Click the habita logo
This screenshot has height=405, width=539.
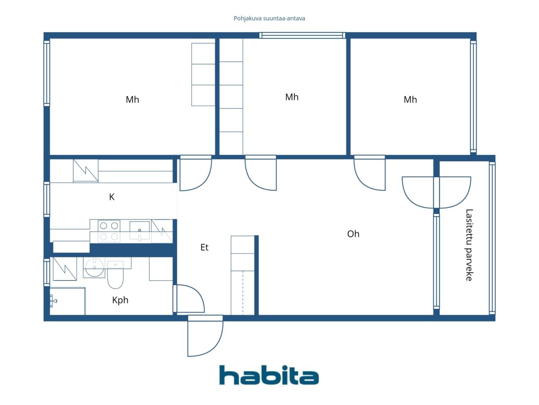click(x=269, y=375)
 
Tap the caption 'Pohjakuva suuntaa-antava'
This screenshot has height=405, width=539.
click(x=269, y=19)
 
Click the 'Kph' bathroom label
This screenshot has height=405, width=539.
click(x=120, y=300)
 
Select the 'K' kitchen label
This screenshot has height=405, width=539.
click(x=112, y=197)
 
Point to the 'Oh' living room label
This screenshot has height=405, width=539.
click(x=353, y=234)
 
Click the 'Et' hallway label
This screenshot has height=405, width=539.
click(x=204, y=247)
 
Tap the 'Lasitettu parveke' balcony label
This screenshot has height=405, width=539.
click(x=469, y=245)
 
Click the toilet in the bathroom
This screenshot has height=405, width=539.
click(x=115, y=274)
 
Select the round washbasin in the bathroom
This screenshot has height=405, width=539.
click(x=94, y=267)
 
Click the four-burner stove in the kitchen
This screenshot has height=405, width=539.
click(x=109, y=231)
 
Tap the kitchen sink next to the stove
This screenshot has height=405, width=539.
click(x=139, y=230)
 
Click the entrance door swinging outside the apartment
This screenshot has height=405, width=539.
click(x=205, y=336)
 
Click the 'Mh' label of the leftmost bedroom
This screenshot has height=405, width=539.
click(x=132, y=100)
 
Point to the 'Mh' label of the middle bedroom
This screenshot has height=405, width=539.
click(x=292, y=97)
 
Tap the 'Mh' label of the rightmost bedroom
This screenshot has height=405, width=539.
click(x=410, y=100)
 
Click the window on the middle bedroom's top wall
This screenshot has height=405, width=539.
click(x=302, y=35)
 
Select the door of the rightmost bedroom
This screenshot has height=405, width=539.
click(x=369, y=173)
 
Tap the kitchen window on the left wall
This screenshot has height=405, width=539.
click(x=47, y=200)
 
